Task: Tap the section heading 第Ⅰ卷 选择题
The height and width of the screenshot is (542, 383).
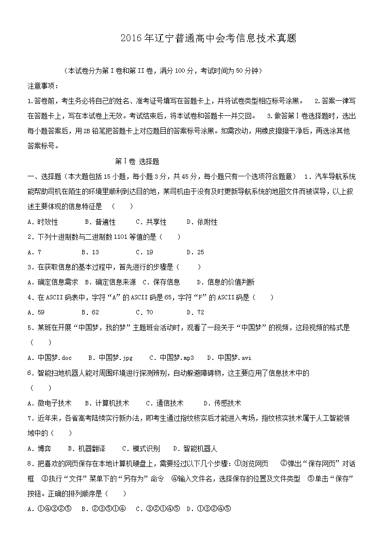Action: [137, 161]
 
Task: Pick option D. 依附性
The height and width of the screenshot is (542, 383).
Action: [202, 222]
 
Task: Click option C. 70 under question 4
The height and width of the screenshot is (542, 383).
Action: [144, 312]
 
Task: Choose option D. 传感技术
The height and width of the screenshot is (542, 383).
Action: [222, 403]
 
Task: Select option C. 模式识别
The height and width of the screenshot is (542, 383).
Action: [141, 449]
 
